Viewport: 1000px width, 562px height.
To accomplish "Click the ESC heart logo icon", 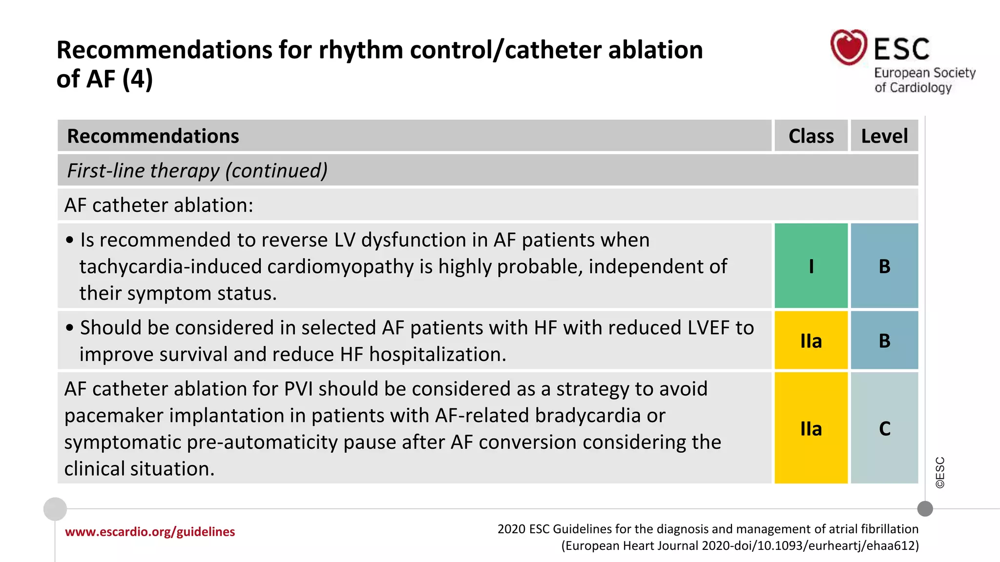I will tap(849, 47).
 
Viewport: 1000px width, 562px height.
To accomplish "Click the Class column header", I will tap(811, 136).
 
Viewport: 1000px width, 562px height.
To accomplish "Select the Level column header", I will tap(884, 136).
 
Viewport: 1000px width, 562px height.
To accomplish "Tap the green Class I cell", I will tap(811, 266).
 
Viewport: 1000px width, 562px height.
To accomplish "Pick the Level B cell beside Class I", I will tap(884, 266).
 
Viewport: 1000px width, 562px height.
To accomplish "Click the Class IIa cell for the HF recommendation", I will tap(811, 341).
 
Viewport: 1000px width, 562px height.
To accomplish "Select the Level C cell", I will tap(884, 428).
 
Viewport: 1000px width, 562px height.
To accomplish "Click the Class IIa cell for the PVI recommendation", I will tap(811, 428).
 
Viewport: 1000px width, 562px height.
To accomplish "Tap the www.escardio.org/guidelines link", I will tap(150, 532).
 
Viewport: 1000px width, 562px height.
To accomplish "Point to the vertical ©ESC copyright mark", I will tap(940, 472).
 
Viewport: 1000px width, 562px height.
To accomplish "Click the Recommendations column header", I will tap(153, 136).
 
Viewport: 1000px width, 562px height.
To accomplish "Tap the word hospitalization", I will tap(437, 355).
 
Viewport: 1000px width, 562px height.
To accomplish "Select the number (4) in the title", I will tap(138, 79).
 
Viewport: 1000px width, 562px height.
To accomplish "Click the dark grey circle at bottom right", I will tap(925, 509).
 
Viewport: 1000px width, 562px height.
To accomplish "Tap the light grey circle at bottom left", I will tap(55, 509).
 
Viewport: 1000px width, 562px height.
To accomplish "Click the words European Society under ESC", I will tap(924, 73).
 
